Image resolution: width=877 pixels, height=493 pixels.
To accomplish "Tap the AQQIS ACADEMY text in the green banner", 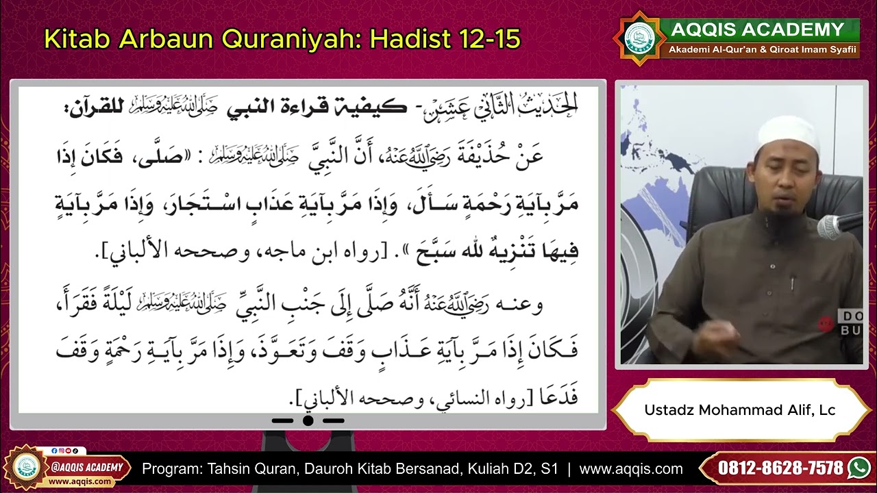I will [757, 29].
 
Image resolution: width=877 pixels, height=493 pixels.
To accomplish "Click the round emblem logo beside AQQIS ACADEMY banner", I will [639, 38].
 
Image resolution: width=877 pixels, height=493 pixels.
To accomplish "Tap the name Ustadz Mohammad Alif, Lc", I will [739, 410].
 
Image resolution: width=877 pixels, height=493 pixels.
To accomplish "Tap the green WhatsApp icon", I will [859, 468].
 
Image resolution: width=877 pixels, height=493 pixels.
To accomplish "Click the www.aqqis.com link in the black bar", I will [630, 469].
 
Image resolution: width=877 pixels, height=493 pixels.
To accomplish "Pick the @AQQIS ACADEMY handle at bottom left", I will [86, 468].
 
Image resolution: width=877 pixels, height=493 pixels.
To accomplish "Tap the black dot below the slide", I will [308, 420].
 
